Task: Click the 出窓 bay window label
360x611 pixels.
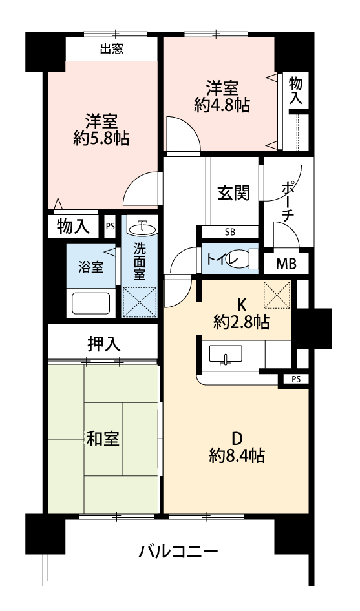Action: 112,49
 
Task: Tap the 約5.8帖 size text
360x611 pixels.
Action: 101,138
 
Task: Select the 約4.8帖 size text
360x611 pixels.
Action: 222,105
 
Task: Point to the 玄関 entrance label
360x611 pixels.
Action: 233,192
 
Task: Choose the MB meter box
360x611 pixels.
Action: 286,264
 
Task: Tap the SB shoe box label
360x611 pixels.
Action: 230,233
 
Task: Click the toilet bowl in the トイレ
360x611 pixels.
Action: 242,259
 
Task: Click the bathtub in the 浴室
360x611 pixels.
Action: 91,302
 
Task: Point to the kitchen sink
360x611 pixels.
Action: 226,355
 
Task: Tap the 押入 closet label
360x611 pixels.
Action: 103,344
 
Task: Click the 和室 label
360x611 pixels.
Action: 103,439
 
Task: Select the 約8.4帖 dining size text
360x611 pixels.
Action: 237,455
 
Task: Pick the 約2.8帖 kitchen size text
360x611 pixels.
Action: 241,322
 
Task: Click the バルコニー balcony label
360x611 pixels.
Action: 178,552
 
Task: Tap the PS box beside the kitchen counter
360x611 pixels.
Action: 295,379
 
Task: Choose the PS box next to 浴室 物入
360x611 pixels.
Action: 110,226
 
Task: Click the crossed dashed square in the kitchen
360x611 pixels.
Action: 277,295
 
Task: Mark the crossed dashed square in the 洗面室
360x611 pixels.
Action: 139,302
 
